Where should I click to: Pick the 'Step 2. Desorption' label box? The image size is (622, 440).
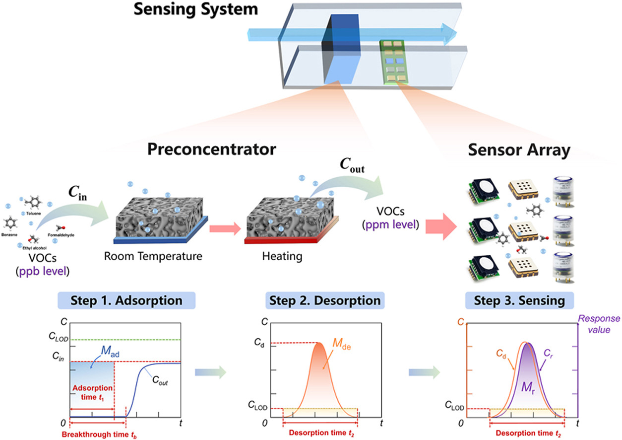[x=324, y=300]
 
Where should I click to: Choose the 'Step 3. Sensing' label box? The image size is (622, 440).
[x=519, y=300]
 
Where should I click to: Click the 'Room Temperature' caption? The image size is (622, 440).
[x=153, y=257]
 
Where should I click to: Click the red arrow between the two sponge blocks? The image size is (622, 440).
[x=224, y=228]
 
